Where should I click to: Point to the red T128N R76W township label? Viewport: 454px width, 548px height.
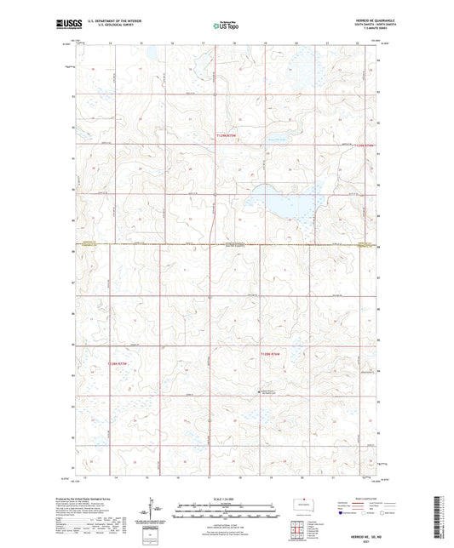[270, 353]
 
